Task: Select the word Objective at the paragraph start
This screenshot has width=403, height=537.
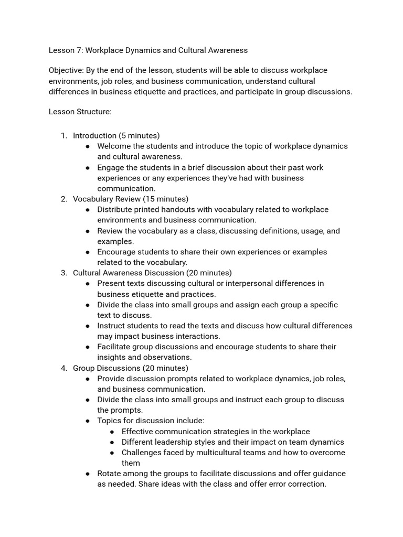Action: (66, 70)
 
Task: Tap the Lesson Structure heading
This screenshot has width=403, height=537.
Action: (80, 111)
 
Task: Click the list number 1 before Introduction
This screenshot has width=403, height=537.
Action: (63, 136)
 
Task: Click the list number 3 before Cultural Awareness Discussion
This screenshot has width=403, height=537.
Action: (63, 273)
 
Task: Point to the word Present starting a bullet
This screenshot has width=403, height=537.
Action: (111, 283)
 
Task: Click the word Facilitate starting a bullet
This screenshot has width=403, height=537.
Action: (114, 347)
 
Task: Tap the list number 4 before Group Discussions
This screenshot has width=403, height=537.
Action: (63, 368)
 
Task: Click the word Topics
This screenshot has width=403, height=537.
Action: (109, 421)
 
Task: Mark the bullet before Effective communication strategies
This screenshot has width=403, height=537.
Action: (113, 432)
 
